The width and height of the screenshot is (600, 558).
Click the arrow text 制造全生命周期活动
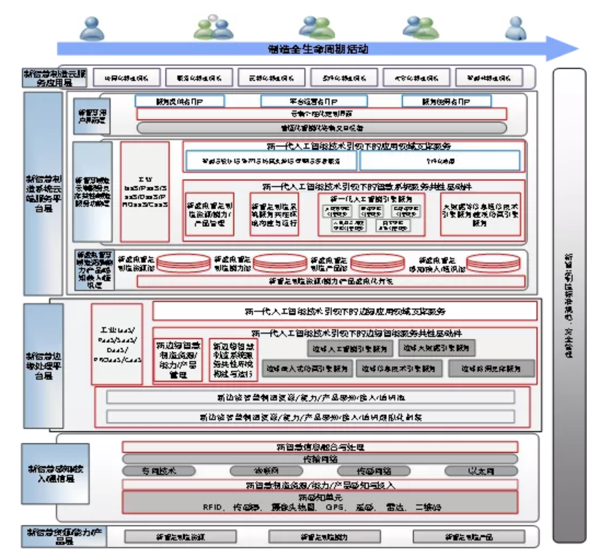tap(317, 50)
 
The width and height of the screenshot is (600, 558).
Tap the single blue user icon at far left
tap(93, 27)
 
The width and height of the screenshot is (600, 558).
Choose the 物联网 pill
tap(266, 470)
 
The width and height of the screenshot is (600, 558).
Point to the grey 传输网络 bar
tap(320, 459)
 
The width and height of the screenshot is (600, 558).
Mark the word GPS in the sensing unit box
tap(335, 506)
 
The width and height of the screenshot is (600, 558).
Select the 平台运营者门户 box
tap(313, 101)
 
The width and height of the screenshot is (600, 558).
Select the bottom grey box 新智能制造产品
tap(470, 537)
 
